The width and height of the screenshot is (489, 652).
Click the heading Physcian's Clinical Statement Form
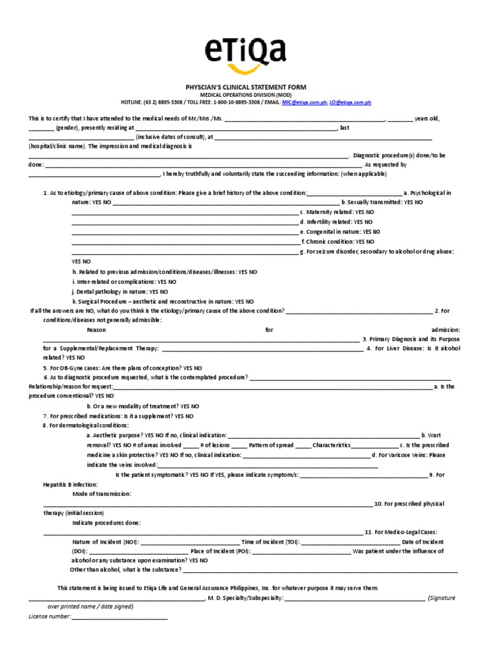pyautogui.click(x=244, y=87)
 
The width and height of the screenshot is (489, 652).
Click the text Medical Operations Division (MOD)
pyautogui.click(x=244, y=94)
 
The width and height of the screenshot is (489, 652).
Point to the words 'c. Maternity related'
pyautogui.click(x=327, y=212)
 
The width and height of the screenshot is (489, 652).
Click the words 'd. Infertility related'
pyautogui.click(x=327, y=222)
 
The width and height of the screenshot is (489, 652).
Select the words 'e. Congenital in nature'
pyautogui.click(x=330, y=232)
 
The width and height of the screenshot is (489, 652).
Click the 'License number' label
pyautogui.click(x=50, y=617)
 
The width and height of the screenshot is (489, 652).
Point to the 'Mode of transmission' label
pyautogui.click(x=102, y=494)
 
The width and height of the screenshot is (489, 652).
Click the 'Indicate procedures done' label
pyautogui.click(x=106, y=523)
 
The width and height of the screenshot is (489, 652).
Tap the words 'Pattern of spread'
pyautogui.click(x=271, y=445)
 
